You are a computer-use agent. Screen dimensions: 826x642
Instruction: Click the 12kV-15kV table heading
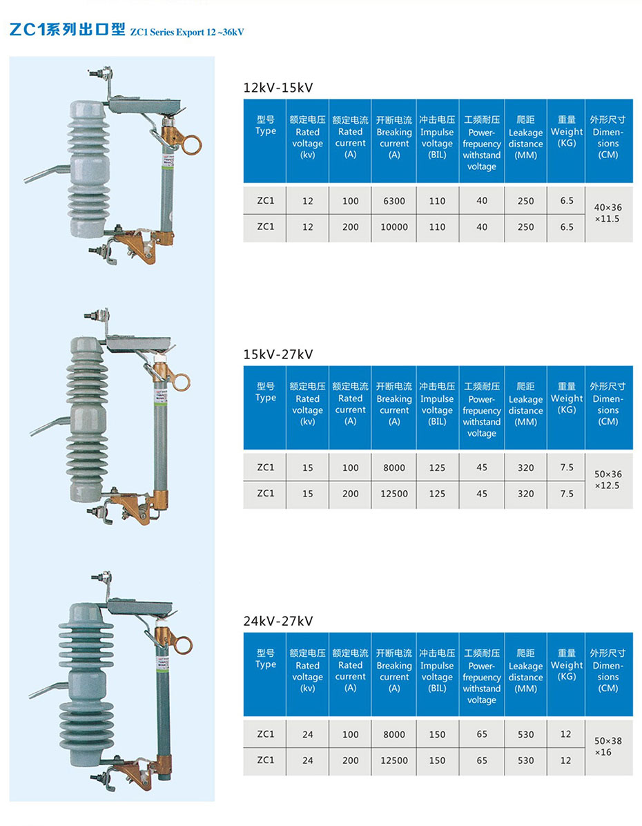click(278, 87)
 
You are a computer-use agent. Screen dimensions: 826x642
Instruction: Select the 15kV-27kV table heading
click(278, 354)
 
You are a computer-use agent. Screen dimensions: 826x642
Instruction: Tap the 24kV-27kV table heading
click(278, 621)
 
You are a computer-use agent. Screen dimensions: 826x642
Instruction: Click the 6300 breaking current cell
click(394, 201)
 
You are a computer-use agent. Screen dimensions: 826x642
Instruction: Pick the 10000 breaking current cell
click(394, 227)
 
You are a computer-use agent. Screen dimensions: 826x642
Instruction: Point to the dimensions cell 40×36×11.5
click(608, 213)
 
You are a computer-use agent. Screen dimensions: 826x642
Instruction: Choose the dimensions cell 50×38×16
click(608, 747)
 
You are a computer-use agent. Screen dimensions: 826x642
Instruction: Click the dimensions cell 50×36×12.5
click(608, 479)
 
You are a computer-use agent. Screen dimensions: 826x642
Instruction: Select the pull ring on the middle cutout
click(181, 381)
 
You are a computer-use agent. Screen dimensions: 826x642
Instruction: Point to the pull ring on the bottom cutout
click(183, 646)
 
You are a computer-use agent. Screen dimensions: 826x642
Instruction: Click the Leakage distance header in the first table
click(526, 138)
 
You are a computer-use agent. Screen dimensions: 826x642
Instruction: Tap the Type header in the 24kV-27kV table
click(266, 659)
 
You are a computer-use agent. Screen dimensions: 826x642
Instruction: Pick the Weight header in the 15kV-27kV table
click(567, 398)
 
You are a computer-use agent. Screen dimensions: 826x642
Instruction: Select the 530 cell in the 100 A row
click(526, 735)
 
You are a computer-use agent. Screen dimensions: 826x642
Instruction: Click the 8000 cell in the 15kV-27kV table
click(394, 468)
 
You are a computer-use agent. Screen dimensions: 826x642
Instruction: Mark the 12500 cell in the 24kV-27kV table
click(394, 760)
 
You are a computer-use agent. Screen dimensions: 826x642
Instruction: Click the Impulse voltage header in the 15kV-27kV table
click(437, 404)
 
